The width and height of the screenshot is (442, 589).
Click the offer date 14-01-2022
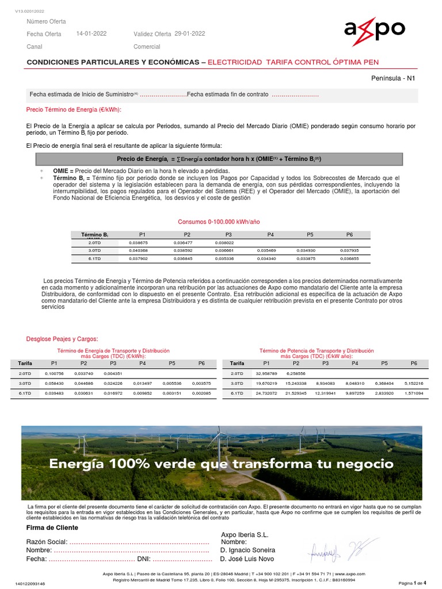91,34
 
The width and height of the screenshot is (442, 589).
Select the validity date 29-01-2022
189,34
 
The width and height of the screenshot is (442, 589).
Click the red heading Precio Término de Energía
74,109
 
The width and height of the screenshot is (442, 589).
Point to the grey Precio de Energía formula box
219,159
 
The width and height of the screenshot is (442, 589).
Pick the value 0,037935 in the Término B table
349,251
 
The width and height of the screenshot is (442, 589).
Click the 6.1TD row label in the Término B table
95,259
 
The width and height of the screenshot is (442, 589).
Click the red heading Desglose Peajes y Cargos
63,338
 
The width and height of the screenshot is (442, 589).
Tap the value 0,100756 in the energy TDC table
54,374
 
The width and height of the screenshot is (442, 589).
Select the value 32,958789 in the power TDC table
266,374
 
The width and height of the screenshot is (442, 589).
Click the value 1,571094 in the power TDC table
413,393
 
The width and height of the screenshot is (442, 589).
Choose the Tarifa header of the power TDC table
237,364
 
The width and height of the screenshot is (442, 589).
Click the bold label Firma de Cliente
52,527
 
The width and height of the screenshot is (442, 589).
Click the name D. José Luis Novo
247,559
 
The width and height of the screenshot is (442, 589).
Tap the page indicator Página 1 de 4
413,583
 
